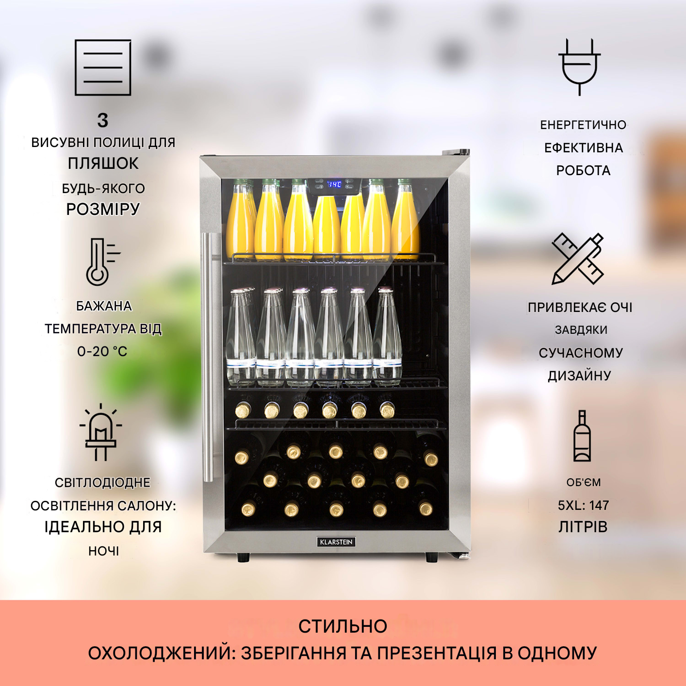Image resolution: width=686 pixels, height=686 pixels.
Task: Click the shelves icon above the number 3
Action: pos(103,67)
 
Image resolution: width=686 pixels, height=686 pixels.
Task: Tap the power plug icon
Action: pos(579,67)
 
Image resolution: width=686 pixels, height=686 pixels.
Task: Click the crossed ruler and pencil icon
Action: pos(578,259)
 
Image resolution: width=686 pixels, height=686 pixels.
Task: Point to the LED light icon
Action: pos(101,432)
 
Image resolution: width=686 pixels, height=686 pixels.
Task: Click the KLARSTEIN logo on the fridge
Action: pos(337,542)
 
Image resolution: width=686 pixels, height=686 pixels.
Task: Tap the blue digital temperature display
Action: pos(334,184)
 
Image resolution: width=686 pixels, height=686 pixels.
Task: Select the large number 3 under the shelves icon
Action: pos(103,120)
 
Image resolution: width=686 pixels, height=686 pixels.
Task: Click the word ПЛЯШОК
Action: pos(103,163)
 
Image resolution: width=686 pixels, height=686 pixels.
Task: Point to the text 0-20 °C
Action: pos(102,351)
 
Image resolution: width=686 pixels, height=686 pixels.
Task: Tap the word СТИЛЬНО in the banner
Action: pos(343,626)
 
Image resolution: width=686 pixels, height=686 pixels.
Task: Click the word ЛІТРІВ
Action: pos(583,527)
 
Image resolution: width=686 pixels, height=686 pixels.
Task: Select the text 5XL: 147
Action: pos(583,505)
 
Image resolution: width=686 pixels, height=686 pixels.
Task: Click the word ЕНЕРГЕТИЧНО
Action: pos(583,125)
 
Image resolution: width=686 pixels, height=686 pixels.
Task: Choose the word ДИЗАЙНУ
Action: pos(579,376)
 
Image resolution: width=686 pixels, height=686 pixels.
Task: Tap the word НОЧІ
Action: pos(103,551)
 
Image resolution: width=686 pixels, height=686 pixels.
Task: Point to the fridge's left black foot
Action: pos(244,557)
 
